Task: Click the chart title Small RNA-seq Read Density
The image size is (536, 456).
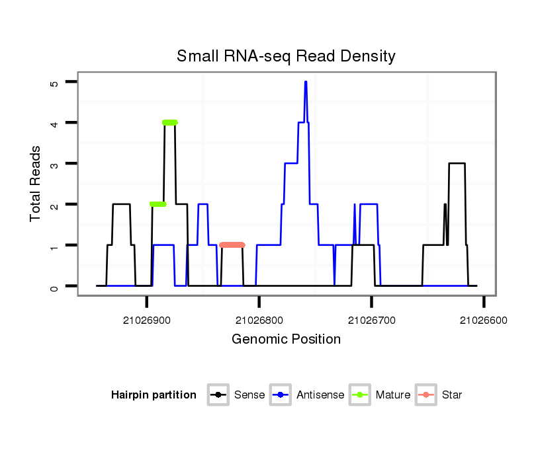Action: (286, 56)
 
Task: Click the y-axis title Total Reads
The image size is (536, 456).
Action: (37, 184)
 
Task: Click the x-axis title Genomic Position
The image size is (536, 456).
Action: (286, 340)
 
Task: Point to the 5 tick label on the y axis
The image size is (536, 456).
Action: (54, 82)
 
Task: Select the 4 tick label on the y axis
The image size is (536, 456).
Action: (54, 123)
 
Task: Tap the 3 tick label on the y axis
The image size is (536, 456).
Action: (54, 164)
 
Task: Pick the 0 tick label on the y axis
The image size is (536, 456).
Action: (54, 286)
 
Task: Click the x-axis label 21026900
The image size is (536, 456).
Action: (146, 320)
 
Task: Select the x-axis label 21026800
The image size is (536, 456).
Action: (259, 320)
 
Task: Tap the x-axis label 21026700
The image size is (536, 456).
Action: (371, 320)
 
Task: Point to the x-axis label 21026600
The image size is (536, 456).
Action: (484, 320)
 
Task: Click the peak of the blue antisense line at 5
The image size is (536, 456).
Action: (306, 82)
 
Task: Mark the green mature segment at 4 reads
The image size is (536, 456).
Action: (170, 122)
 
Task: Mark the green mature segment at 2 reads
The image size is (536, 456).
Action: (157, 204)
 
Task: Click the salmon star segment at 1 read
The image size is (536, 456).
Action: (232, 245)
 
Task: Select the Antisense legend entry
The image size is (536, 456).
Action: (308, 395)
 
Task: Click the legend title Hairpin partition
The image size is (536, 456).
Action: (154, 395)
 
